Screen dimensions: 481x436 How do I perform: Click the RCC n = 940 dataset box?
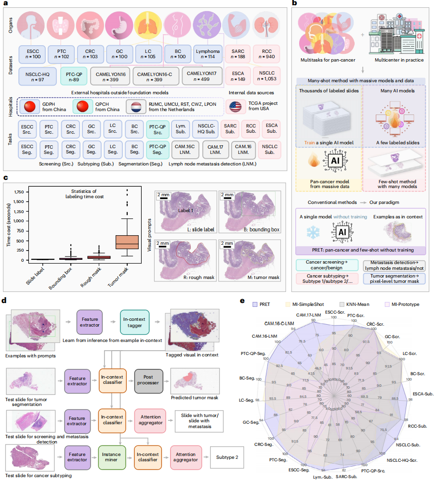tap(267, 53)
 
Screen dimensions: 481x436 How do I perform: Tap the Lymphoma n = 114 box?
tap(208, 53)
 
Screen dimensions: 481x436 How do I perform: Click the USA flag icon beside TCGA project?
tap(236, 106)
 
